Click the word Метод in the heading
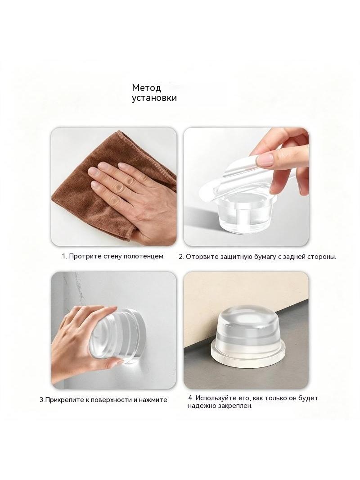pyautogui.click(x=147, y=88)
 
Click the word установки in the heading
pyautogui.click(x=154, y=98)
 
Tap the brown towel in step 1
pyautogui.click(x=92, y=190)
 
